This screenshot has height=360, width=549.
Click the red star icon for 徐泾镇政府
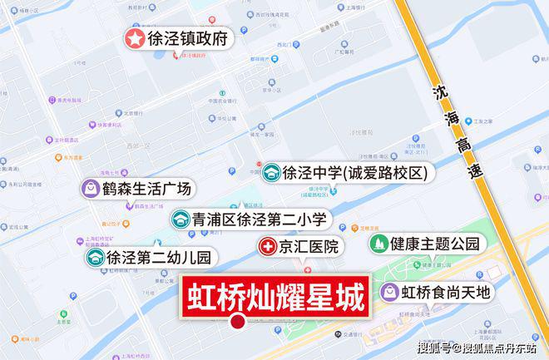point(135,38)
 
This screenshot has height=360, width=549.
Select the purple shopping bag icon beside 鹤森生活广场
point(89,189)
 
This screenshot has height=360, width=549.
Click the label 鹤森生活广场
point(146,189)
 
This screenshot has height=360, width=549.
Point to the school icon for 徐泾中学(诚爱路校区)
point(271,174)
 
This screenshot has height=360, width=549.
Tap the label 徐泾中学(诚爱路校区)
point(355,174)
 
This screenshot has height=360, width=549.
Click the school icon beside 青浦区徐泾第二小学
point(180,219)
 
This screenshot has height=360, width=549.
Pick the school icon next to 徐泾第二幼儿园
point(95,258)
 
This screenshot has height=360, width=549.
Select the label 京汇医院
point(309,247)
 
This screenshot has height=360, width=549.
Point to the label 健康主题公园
point(437,244)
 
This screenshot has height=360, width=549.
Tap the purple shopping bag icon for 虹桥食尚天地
point(389,292)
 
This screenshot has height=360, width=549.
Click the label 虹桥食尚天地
point(447,292)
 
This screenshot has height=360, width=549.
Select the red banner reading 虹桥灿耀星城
point(275,296)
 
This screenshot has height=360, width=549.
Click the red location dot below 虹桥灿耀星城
point(237,323)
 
